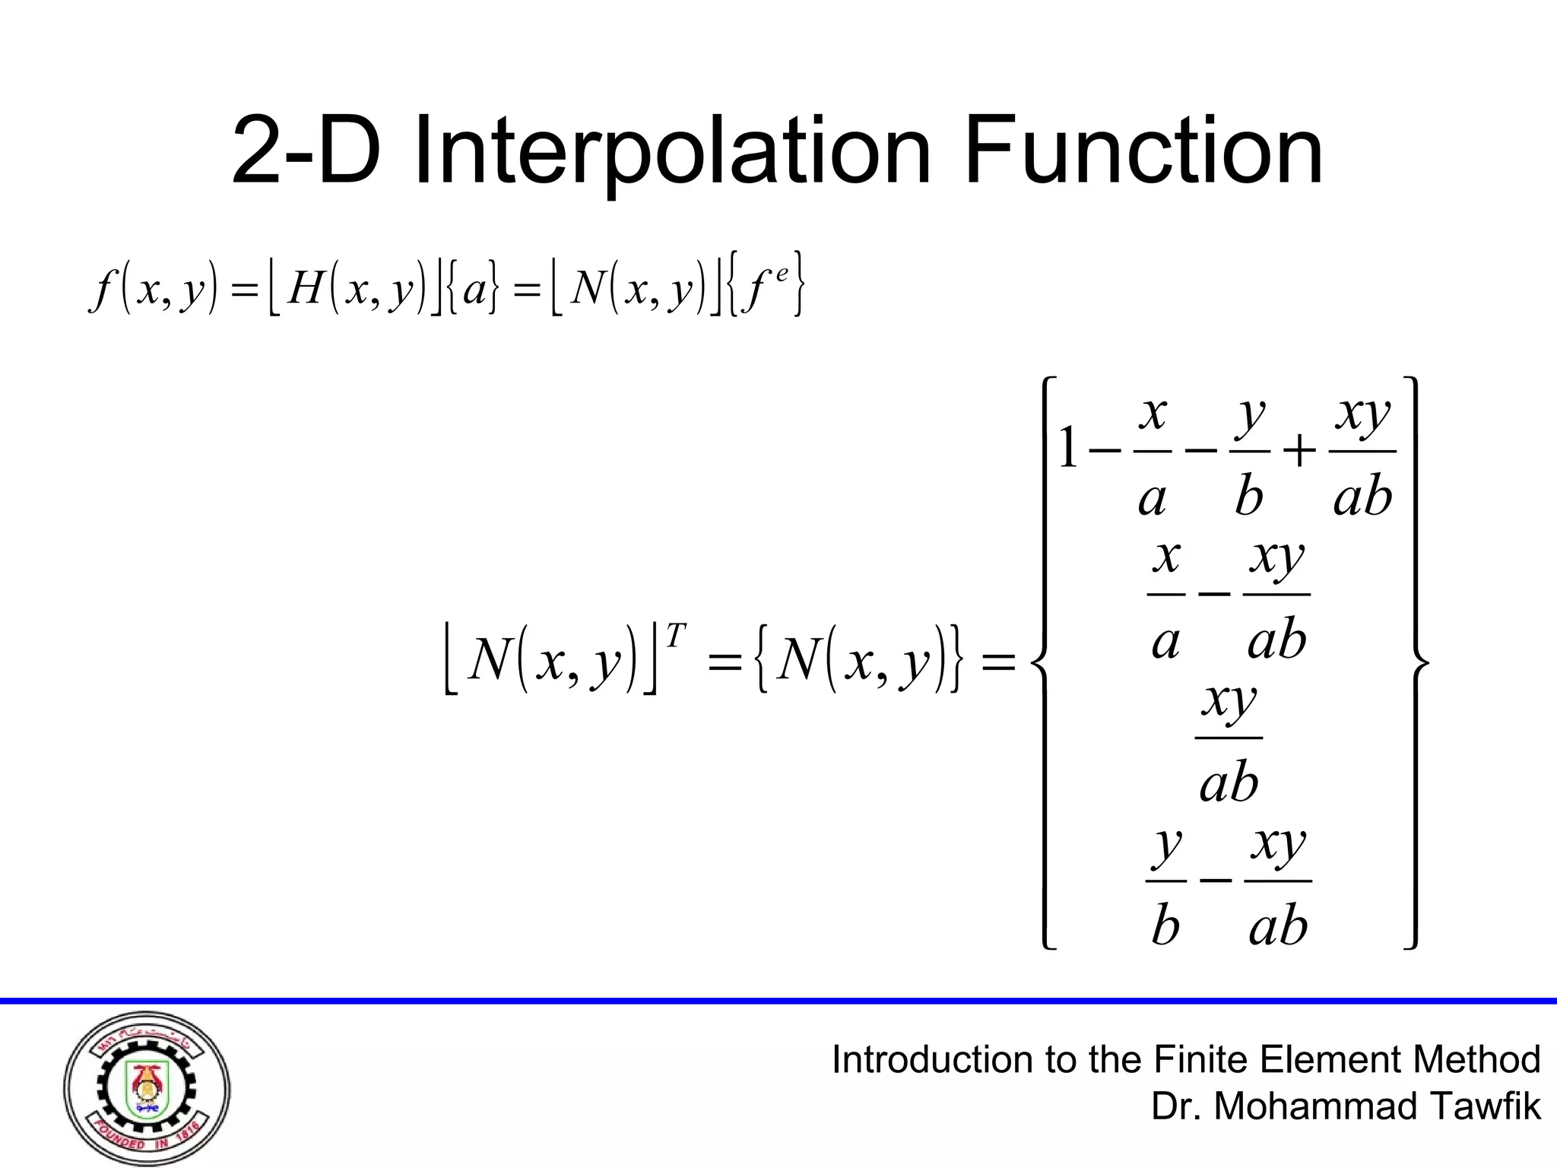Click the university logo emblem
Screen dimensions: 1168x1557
tap(147, 1089)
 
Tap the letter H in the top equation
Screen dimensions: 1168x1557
tap(306, 288)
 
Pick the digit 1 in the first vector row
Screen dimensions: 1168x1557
tap(1068, 449)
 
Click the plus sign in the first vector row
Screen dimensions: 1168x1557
tap(1299, 452)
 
